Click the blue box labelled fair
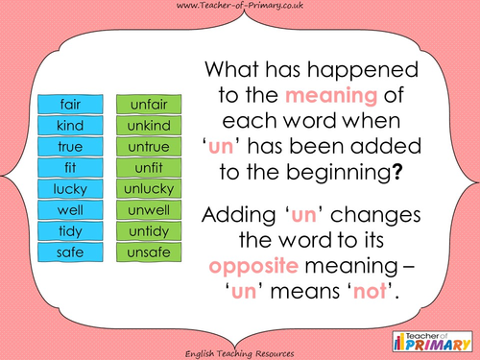pyautogui.click(x=69, y=105)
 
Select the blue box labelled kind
pyautogui.click(x=69, y=126)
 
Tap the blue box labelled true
pyautogui.click(x=69, y=147)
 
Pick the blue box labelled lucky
pyautogui.click(x=69, y=189)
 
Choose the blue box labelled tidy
pyautogui.click(x=69, y=231)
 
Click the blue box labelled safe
pyautogui.click(x=69, y=252)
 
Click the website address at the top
pyautogui.click(x=239, y=9)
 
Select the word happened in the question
pyautogui.click(x=355, y=72)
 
